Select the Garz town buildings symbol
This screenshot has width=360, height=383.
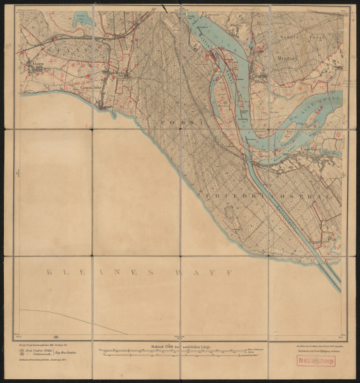33,69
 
